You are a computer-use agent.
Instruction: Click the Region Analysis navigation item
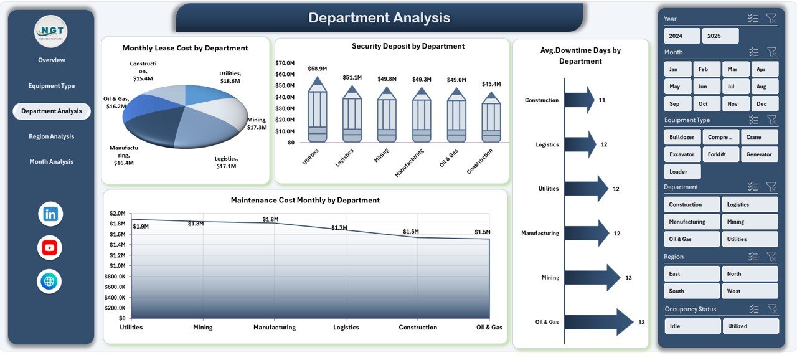[x=51, y=136]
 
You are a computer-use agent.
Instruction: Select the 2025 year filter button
[x=720, y=36]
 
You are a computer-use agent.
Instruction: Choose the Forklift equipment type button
[x=720, y=154]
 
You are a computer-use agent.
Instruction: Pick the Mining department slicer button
[x=749, y=222]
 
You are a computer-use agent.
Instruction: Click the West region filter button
[x=749, y=291]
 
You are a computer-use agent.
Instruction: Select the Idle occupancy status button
[x=692, y=326]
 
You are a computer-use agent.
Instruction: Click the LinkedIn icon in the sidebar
[x=50, y=214]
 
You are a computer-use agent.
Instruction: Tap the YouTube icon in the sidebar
[x=50, y=248]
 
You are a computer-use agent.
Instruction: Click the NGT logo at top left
[x=50, y=31]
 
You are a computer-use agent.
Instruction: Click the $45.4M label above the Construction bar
[x=491, y=84]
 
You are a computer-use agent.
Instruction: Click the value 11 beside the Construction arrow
[x=602, y=100]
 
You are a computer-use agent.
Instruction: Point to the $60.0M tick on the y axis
[x=285, y=74]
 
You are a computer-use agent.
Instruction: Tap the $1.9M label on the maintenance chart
[x=141, y=226]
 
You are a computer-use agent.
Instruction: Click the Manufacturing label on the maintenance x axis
[x=274, y=328]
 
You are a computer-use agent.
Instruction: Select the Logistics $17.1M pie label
[x=227, y=163]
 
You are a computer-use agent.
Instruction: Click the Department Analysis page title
[x=379, y=18]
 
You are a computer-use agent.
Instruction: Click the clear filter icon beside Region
[x=771, y=257]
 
